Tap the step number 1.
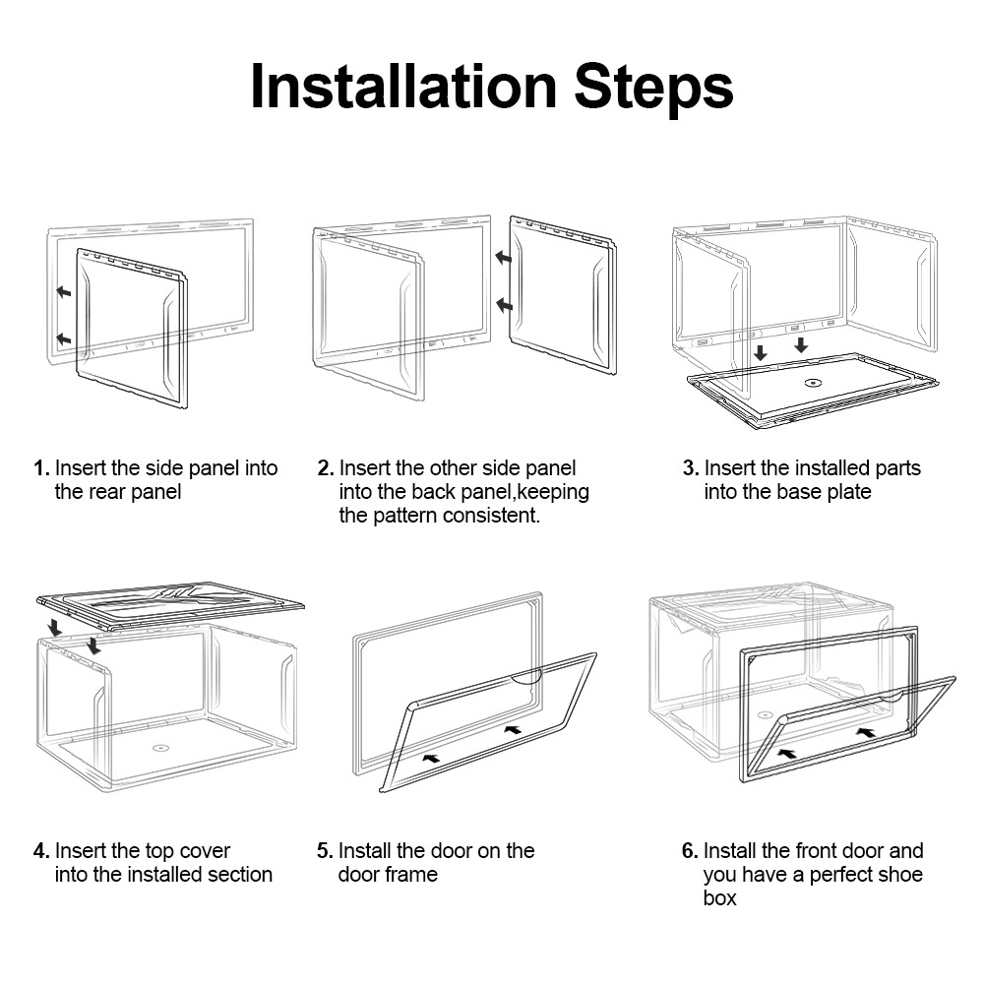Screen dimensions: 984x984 (40, 468)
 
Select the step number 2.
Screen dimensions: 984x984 (325, 468)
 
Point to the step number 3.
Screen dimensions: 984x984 (690, 468)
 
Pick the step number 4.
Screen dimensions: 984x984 (40, 850)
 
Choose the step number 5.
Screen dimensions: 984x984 (325, 850)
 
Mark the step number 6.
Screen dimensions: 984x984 (690, 850)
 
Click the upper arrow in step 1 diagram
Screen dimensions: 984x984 (63, 292)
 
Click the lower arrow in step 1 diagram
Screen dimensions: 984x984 (63, 338)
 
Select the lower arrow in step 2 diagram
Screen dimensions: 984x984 (504, 306)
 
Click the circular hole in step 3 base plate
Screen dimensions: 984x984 (813, 383)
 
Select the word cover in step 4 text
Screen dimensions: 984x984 (206, 850)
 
